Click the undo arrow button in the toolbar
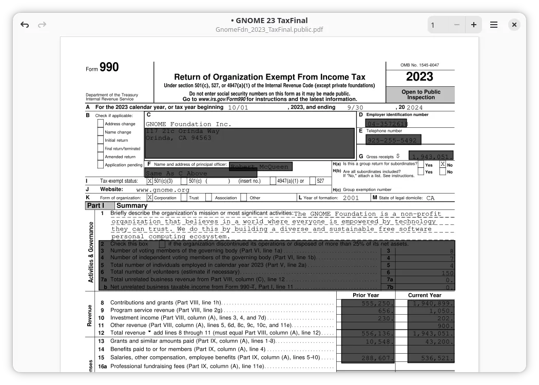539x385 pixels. point(25,25)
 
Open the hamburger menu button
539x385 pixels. point(494,25)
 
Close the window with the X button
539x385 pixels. point(514,25)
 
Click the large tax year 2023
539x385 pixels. point(419,77)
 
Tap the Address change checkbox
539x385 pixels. point(101,124)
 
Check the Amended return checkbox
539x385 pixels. point(101,157)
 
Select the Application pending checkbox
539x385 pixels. point(101,165)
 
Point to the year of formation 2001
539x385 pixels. point(351,198)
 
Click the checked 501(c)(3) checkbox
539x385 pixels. point(150,181)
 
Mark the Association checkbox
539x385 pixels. point(209,198)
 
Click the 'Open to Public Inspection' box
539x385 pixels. point(420,94)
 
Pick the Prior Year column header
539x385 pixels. point(365,295)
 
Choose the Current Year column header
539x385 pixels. point(425,295)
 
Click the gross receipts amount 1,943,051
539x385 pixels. point(431,157)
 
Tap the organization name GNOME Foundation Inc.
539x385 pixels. point(188,124)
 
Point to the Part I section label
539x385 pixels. point(95,205)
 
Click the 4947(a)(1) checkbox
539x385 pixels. point(273,181)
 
